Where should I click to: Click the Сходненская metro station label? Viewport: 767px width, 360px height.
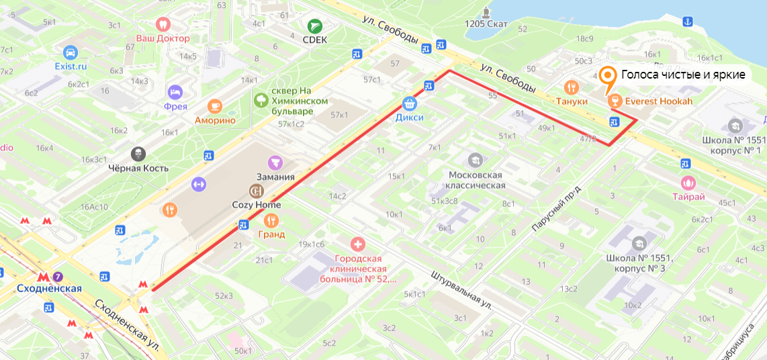point(49,289)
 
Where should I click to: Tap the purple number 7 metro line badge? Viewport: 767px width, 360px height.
point(58,277)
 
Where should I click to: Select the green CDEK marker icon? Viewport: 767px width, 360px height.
point(314,26)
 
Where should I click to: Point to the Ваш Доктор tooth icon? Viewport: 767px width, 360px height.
point(161,24)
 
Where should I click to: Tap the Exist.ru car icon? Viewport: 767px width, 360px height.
point(71,52)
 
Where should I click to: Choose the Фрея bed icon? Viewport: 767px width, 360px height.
point(175,91)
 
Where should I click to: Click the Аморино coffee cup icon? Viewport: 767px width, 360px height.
point(215,105)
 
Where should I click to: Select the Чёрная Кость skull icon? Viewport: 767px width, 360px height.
point(139,153)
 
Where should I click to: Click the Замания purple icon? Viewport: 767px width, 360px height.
point(275,162)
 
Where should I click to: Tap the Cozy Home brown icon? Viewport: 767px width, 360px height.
point(256,191)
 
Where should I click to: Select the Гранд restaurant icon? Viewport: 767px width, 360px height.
point(271,220)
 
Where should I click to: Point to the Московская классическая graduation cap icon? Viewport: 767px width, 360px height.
point(476,160)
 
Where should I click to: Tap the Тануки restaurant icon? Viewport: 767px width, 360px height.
point(572,87)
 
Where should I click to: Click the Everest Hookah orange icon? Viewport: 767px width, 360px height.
point(613,101)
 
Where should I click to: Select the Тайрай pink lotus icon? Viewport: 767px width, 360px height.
point(688,182)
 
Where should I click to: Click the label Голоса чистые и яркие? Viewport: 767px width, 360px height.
point(682,75)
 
